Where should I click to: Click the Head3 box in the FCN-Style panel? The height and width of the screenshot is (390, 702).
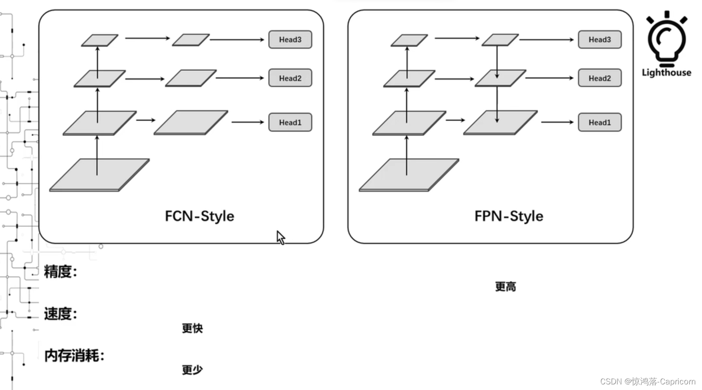tap(290, 39)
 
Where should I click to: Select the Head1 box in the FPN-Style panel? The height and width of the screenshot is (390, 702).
tap(599, 122)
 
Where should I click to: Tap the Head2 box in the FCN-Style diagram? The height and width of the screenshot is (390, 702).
tap(290, 78)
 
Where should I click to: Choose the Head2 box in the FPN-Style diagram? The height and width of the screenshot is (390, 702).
tap(599, 78)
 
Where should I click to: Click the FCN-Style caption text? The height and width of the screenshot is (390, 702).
tap(199, 216)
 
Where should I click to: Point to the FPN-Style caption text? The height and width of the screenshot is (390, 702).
tap(508, 216)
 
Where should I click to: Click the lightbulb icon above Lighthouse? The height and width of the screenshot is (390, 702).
tap(666, 38)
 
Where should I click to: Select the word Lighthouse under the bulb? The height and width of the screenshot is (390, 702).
tap(666, 73)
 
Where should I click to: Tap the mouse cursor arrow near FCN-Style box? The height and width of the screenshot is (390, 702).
tap(281, 237)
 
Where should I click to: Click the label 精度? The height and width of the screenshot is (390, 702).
tap(60, 272)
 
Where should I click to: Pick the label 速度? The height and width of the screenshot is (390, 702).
tap(60, 314)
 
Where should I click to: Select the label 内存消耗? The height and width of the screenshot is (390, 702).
tap(74, 356)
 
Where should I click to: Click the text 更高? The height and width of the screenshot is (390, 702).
tap(505, 287)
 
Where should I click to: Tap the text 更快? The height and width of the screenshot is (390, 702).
tap(192, 329)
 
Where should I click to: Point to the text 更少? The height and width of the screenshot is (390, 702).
tap(192, 370)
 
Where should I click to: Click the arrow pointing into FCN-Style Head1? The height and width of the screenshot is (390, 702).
tap(247, 122)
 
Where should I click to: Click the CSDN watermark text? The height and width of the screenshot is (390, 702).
tap(647, 381)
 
